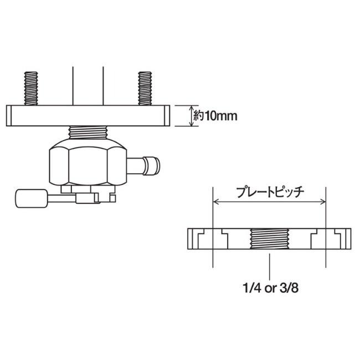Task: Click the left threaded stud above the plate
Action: click(31, 89)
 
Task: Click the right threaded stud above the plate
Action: click(145, 89)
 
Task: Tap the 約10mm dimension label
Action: click(215, 116)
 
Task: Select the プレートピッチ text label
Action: click(270, 192)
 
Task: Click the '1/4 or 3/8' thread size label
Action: click(271, 288)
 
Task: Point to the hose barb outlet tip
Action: click(151, 165)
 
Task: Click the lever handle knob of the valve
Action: click(32, 198)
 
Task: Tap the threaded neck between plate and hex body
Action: click(88, 132)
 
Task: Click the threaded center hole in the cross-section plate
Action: click(270, 239)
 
